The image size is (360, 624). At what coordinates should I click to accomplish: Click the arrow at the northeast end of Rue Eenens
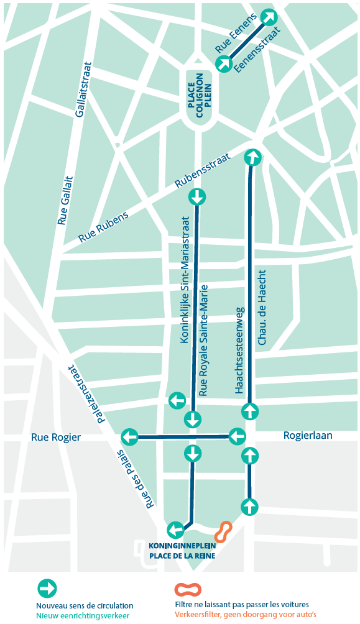point(269,17)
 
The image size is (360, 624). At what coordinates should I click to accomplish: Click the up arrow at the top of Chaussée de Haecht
point(252,157)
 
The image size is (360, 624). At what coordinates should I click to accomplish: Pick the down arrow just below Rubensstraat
point(197,198)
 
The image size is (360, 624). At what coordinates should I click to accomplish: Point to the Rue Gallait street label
point(64,200)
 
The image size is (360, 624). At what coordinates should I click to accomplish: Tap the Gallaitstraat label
point(82,89)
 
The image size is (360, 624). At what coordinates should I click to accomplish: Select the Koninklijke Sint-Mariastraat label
point(184,270)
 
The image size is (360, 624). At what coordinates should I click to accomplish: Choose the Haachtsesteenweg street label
point(240,349)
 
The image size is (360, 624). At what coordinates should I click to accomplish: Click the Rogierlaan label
point(307,436)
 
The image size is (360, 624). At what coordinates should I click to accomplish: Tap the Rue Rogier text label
point(56,437)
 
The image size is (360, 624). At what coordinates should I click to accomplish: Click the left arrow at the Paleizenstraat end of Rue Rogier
point(129,437)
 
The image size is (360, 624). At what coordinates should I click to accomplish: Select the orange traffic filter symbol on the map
point(223,531)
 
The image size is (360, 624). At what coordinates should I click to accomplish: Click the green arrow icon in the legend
point(47,588)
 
